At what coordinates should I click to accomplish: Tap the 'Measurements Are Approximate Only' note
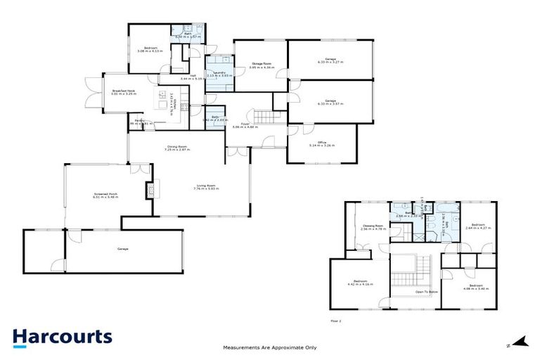pyautogui.click(x=269, y=347)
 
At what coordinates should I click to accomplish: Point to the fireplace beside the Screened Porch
pyautogui.click(x=149, y=189)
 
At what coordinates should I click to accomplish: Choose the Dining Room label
pyautogui.click(x=177, y=148)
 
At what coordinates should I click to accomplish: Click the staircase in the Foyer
pyautogui.click(x=264, y=116)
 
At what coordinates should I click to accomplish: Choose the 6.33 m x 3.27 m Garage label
pyautogui.click(x=330, y=60)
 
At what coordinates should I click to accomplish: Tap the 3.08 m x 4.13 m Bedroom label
pyautogui.click(x=149, y=49)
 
